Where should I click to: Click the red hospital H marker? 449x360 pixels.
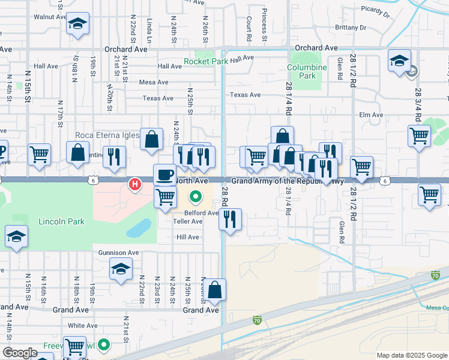pos(136,184)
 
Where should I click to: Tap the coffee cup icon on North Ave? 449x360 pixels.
pos(164,175)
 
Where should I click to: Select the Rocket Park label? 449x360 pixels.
pos(206,61)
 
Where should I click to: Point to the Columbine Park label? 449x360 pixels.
pos(307,71)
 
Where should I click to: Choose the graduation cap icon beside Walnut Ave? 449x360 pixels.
pos(77,23)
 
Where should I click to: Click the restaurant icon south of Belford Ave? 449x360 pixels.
pos(230,220)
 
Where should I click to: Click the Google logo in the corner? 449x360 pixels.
pos(20,353)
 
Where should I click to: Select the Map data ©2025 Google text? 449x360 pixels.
pos(412,355)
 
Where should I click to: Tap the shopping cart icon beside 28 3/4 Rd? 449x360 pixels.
pos(419,135)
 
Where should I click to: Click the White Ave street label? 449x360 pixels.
pos(82,326)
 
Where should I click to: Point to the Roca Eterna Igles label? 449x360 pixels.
pos(107,135)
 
